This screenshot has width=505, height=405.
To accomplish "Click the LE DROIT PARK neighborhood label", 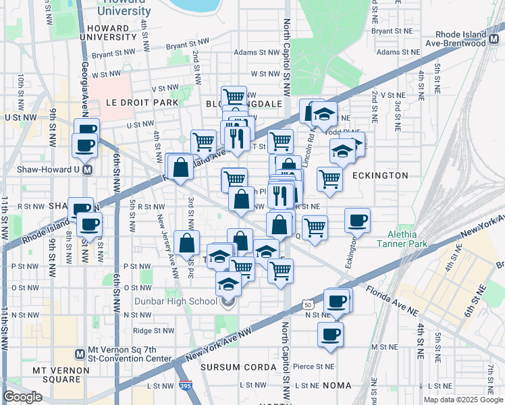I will [142, 102].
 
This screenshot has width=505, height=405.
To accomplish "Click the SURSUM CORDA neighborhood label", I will [238, 367].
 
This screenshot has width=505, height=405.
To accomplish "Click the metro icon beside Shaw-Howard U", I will [88, 170].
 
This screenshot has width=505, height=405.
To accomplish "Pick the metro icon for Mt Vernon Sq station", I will [80, 353].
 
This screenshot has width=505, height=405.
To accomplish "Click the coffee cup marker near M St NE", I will [330, 334].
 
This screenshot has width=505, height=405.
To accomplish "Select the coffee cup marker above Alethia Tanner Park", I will [357, 219].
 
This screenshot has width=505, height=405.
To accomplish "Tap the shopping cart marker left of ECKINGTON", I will [329, 179].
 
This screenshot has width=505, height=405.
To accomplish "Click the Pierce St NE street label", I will [314, 367].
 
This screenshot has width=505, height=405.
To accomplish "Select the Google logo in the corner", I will [23, 397].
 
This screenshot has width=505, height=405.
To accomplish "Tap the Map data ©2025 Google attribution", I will [462, 400].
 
